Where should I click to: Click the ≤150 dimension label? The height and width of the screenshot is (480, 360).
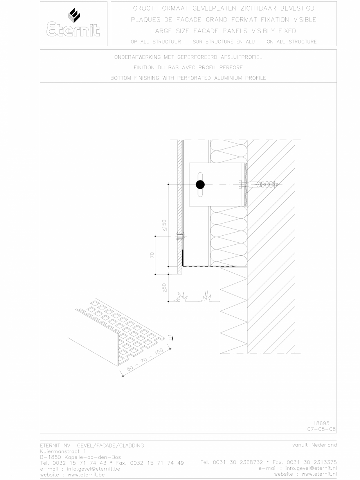165,225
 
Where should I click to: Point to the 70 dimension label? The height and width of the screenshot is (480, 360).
152,254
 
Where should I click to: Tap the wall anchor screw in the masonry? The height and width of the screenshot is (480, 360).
260,184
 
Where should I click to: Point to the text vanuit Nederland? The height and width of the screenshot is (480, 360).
314,445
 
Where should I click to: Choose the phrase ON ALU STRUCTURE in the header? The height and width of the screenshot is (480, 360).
292,42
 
